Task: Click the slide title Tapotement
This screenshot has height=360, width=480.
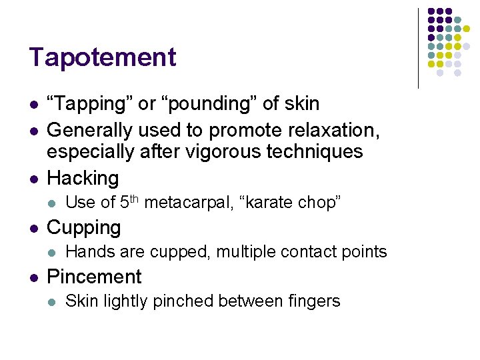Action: tap(102, 57)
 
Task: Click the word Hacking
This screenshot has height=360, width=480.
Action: tap(83, 179)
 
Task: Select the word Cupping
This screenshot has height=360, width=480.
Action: tap(84, 228)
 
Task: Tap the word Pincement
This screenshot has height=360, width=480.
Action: tap(94, 277)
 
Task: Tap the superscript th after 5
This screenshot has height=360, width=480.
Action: tap(133, 198)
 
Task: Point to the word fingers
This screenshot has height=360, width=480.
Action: tap(313, 301)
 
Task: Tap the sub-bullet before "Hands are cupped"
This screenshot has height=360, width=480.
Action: tap(52, 253)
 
